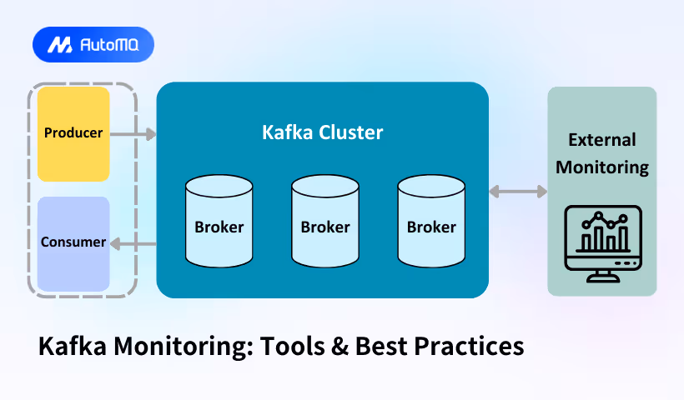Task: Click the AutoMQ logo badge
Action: point(93,45)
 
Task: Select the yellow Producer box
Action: point(73,133)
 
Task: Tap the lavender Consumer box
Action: point(73,243)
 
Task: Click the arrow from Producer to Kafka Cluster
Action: point(133,133)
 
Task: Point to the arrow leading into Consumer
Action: point(133,243)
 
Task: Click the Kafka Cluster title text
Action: point(322,132)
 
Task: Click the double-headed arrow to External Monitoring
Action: point(517,192)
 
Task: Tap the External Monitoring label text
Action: point(602,153)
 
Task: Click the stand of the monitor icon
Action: point(602,275)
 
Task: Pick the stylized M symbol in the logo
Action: point(58,45)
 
